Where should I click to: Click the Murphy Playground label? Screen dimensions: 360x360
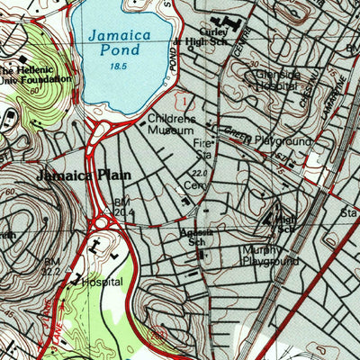point(269,256)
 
